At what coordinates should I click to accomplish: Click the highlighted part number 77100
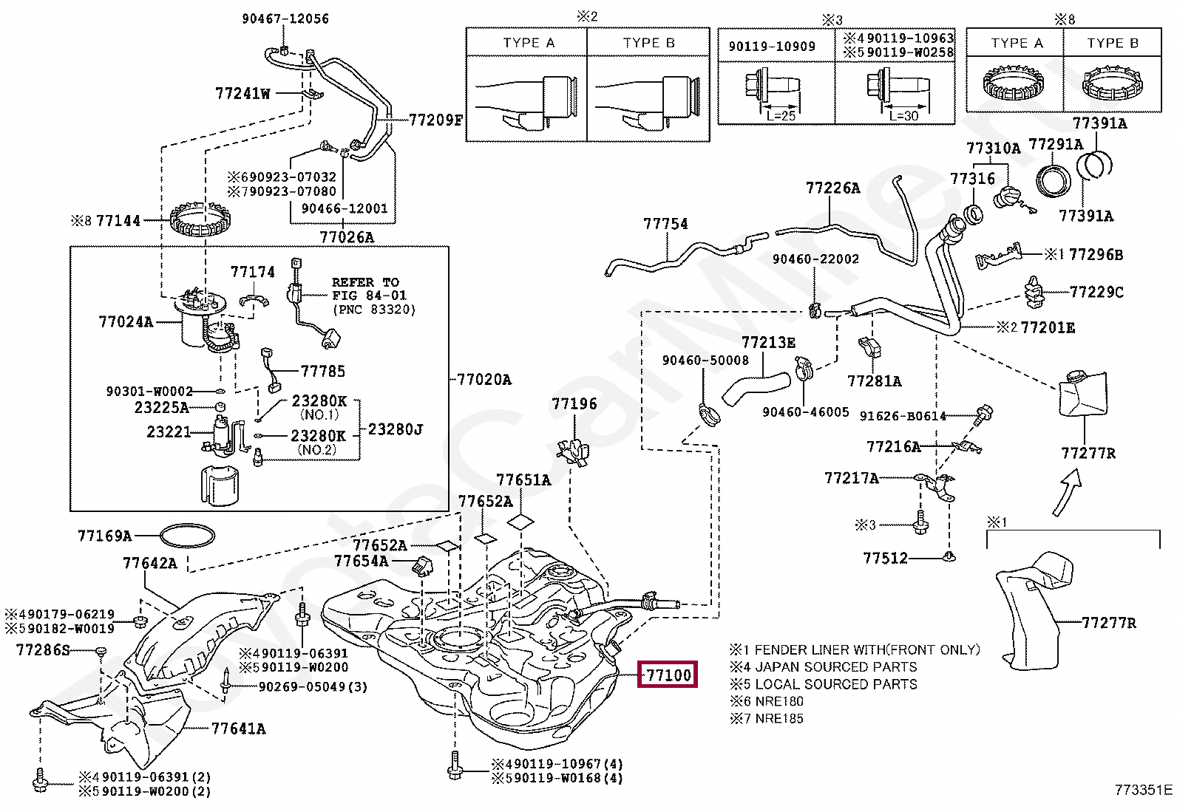pyautogui.click(x=668, y=674)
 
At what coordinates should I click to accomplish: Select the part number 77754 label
pyautogui.click(x=665, y=223)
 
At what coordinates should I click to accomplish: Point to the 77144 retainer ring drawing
pyautogui.click(x=202, y=219)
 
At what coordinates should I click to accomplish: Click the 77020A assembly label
pyautogui.click(x=484, y=380)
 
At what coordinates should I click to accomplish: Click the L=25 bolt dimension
pyautogui.click(x=781, y=116)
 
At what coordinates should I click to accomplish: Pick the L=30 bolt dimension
pyautogui.click(x=901, y=116)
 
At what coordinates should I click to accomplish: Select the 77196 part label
pyautogui.click(x=574, y=404)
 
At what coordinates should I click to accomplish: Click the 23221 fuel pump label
pyautogui.click(x=169, y=431)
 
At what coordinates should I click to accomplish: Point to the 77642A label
pyautogui.click(x=150, y=563)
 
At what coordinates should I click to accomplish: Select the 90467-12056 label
pyautogui.click(x=285, y=18)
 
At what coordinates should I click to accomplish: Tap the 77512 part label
pyautogui.click(x=885, y=559)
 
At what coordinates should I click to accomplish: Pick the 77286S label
pyautogui.click(x=43, y=650)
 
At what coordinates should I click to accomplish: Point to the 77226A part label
pyautogui.click(x=832, y=188)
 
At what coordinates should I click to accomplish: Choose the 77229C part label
pyautogui.click(x=1096, y=293)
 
